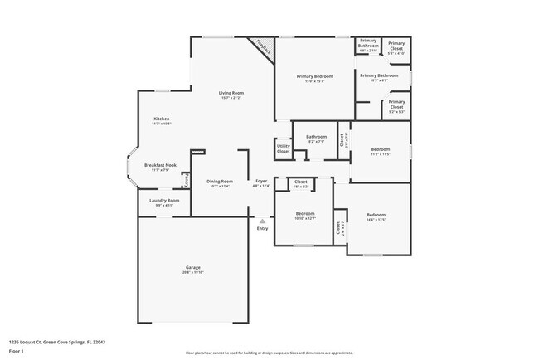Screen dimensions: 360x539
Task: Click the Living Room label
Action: (x=231, y=93)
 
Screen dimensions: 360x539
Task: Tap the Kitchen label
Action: (x=161, y=119)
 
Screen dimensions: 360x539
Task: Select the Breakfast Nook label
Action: (x=160, y=165)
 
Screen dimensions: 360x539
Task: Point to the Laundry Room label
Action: (x=164, y=200)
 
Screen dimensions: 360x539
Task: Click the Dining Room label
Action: (x=220, y=181)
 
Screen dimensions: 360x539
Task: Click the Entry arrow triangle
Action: (x=262, y=221)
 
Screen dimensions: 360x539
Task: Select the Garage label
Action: (x=192, y=268)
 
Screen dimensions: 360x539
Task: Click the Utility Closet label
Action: (x=284, y=149)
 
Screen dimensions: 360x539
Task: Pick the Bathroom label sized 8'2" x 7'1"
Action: (x=316, y=137)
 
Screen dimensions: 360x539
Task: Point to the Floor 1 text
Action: (x=17, y=350)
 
